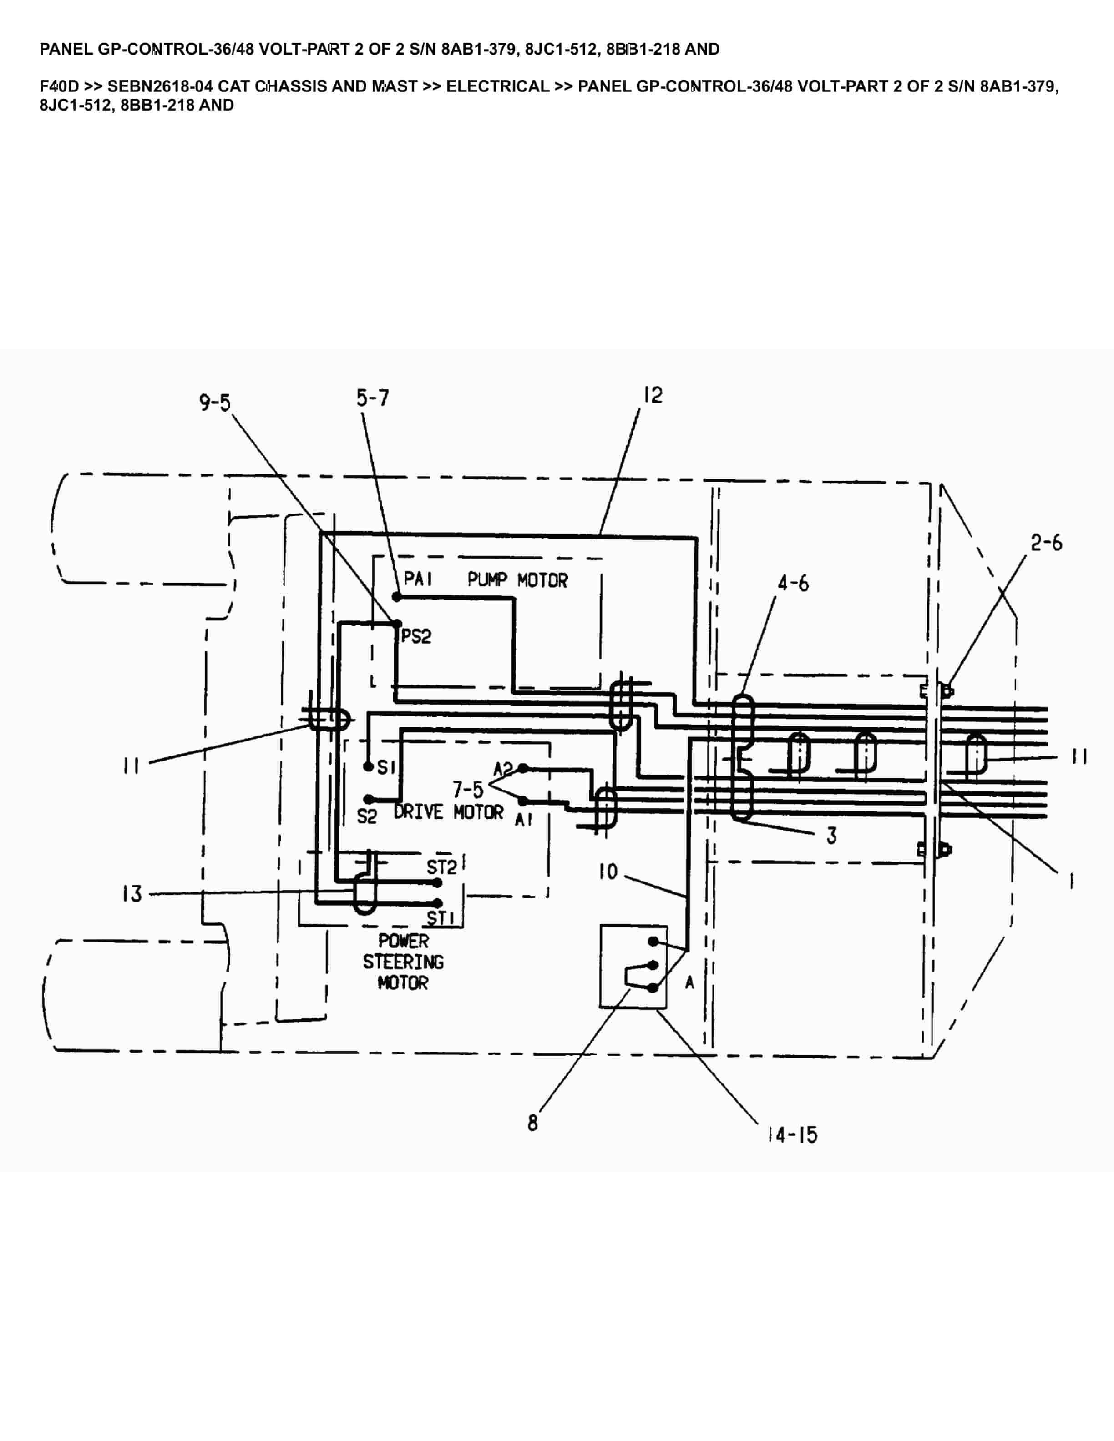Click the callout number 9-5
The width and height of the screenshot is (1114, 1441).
coord(215,402)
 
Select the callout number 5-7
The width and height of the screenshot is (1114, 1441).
coord(372,398)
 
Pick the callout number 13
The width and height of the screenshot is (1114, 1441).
coord(132,894)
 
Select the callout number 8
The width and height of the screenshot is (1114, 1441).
coord(532,1123)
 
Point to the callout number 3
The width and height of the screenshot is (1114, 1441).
coord(831,836)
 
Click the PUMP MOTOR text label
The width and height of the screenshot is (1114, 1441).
coord(517,580)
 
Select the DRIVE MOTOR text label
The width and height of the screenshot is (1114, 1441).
coord(448,812)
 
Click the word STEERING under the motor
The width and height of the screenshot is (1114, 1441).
coord(403,962)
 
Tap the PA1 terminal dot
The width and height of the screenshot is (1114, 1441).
coord(397,596)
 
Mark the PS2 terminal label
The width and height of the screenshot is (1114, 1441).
coord(416,637)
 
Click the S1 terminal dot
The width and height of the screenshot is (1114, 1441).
coord(368,767)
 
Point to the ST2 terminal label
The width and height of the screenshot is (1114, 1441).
coord(441,867)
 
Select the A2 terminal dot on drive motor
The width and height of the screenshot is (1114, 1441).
coord(523,768)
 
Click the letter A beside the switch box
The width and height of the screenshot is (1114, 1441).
coord(689,983)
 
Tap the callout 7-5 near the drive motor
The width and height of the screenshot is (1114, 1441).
coord(467,789)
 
